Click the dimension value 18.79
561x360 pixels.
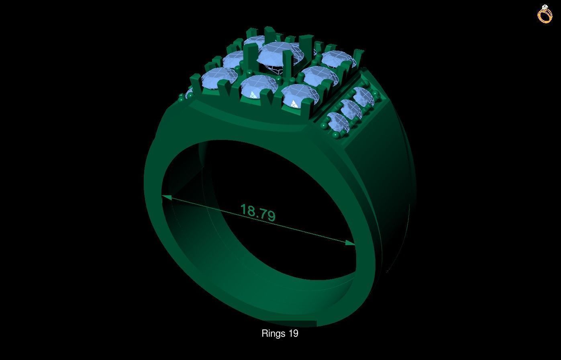(x=258, y=212)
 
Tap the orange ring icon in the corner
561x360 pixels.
(x=545, y=14)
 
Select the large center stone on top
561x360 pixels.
(x=280, y=55)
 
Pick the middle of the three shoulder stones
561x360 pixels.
(x=350, y=109)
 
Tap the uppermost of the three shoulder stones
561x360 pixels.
(x=363, y=96)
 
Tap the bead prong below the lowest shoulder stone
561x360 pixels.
(x=335, y=137)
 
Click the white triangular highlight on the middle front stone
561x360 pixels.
(x=253, y=95)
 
